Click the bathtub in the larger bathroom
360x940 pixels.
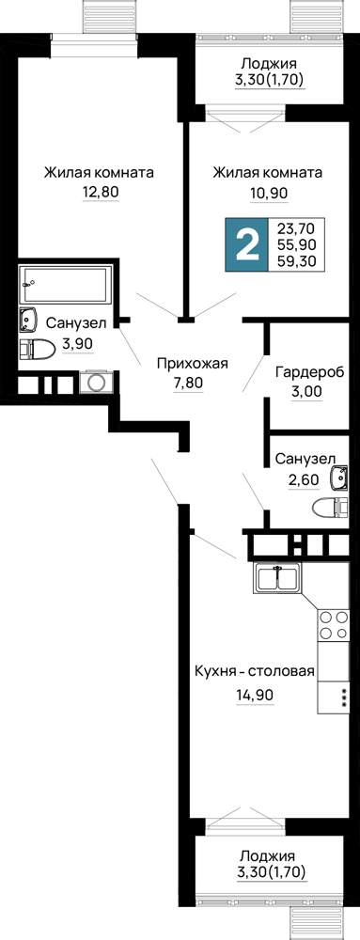[x=65, y=284]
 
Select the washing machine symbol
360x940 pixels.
[x=95, y=382]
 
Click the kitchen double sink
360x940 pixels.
[x=276, y=578]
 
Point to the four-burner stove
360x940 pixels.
[x=333, y=624]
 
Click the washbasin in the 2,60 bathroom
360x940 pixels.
[x=339, y=478]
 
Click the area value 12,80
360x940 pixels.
[x=101, y=193]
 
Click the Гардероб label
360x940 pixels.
[x=309, y=373]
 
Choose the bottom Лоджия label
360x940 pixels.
[x=268, y=855]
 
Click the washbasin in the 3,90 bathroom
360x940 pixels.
[x=27, y=319]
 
